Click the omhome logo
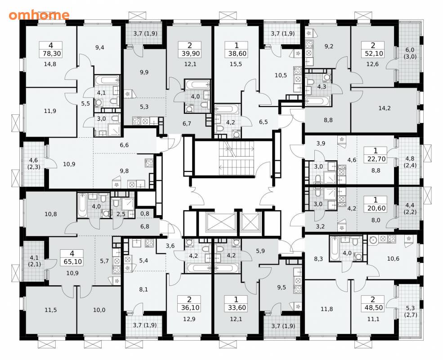pyautogui.click(x=39, y=15)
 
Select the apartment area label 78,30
pyautogui.click(x=50, y=54)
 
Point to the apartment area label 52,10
pyautogui.click(x=373, y=54)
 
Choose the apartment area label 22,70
pyautogui.click(x=376, y=159)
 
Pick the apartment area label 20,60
pyautogui.click(x=376, y=208)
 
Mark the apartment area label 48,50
pyautogui.click(x=373, y=307)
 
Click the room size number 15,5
pyautogui.click(x=236, y=64)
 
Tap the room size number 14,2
pyautogui.click(x=385, y=108)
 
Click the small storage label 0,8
pyautogui.click(x=145, y=214)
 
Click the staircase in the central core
pyautogui.click(x=237, y=158)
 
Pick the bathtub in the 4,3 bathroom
pyautogui.click(x=317, y=101)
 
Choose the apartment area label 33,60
pyautogui.click(x=236, y=307)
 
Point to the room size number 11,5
pyautogui.click(x=50, y=310)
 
